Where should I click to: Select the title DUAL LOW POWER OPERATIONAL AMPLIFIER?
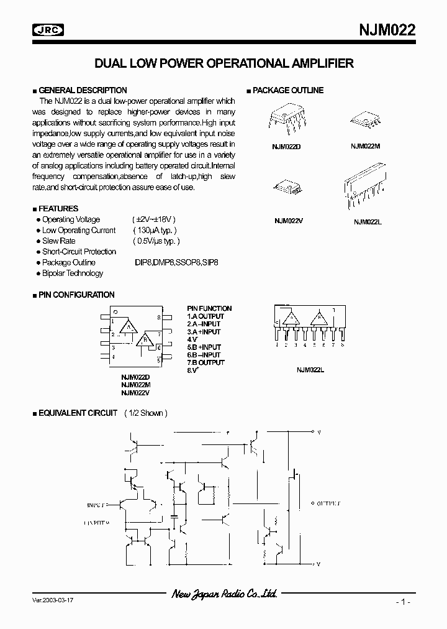click(223, 63)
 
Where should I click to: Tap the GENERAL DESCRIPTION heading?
click(83, 90)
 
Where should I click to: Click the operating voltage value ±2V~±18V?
click(154, 219)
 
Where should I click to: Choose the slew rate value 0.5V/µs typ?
click(156, 241)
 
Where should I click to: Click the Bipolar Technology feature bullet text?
click(73, 273)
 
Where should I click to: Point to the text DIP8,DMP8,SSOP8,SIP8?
click(176, 262)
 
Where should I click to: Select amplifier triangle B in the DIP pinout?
click(145, 340)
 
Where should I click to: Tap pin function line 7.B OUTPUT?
click(205, 362)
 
